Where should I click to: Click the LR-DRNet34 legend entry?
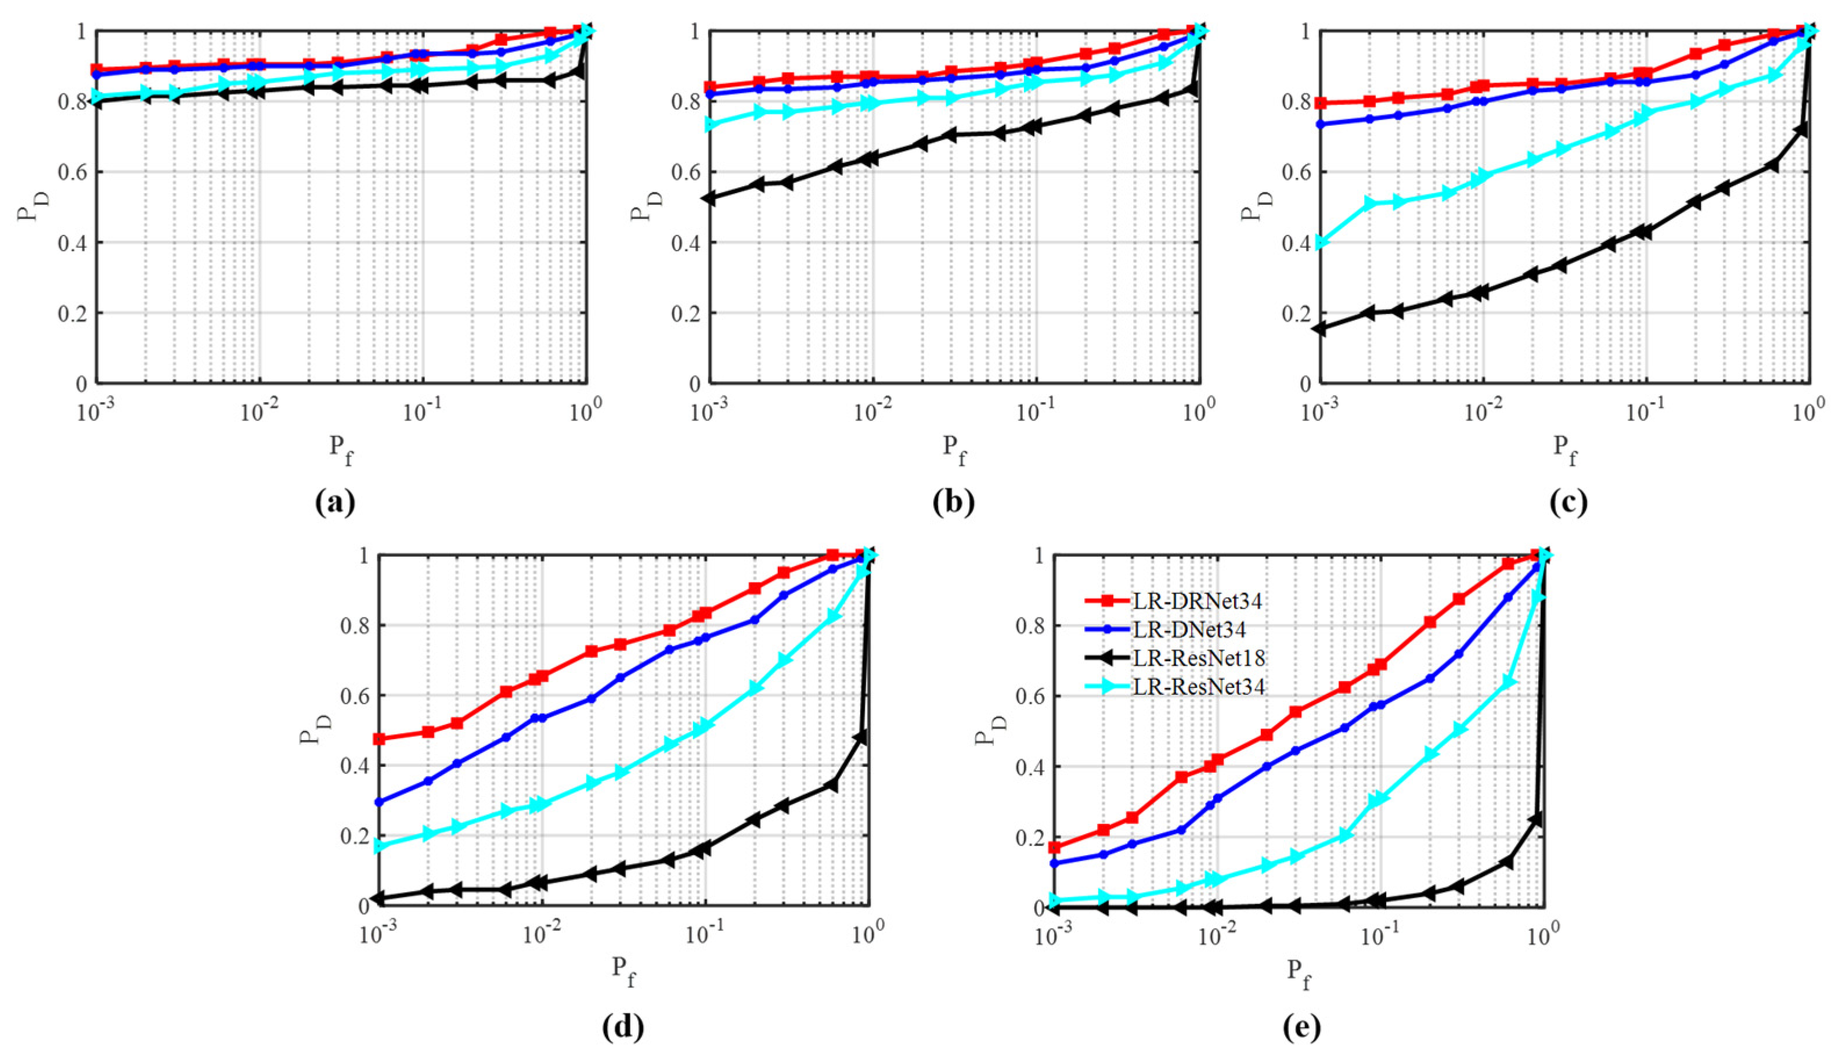[x=1196, y=601]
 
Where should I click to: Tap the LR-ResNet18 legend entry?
[x=1199, y=658]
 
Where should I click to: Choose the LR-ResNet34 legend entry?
[x=1199, y=686]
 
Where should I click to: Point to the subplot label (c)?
[x=1567, y=502]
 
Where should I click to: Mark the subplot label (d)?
[x=623, y=1027]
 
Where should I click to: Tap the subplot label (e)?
[x=1301, y=1027]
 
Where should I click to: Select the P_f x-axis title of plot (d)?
[x=623, y=971]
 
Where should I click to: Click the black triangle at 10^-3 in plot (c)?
[x=1320, y=329]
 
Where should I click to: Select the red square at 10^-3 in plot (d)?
[x=379, y=739]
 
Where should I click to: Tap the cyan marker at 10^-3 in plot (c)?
[x=1320, y=242]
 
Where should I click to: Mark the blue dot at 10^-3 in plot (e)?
[x=1054, y=864]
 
